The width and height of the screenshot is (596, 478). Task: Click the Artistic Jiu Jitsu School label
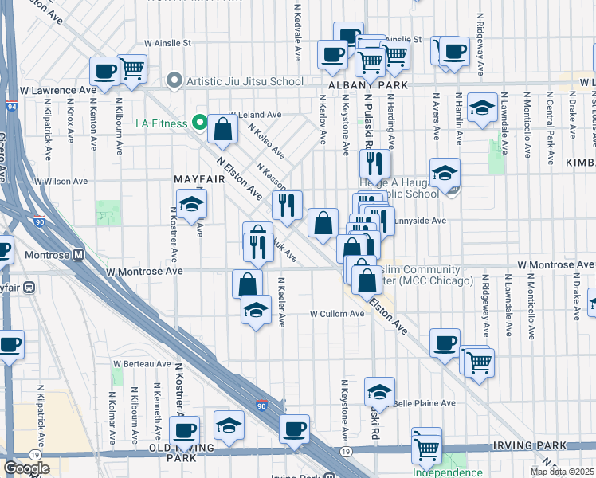pyautogui.click(x=244, y=81)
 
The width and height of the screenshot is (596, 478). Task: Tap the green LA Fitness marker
pyautogui.click(x=199, y=123)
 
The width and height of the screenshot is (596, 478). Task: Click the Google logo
pyautogui.click(x=26, y=468)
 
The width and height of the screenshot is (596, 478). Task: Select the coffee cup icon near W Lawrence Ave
pyautogui.click(x=104, y=72)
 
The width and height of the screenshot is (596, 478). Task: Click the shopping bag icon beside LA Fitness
pyautogui.click(x=224, y=130)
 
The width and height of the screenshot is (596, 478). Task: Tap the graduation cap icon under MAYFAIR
pyautogui.click(x=191, y=205)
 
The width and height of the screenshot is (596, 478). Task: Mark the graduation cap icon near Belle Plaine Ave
pyautogui.click(x=380, y=392)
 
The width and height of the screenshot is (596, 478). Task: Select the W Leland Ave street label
pyautogui.click(x=255, y=115)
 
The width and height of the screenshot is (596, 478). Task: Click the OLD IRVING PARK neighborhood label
pyautogui.click(x=185, y=453)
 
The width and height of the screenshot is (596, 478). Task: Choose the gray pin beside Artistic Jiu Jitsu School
pyautogui.click(x=174, y=81)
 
